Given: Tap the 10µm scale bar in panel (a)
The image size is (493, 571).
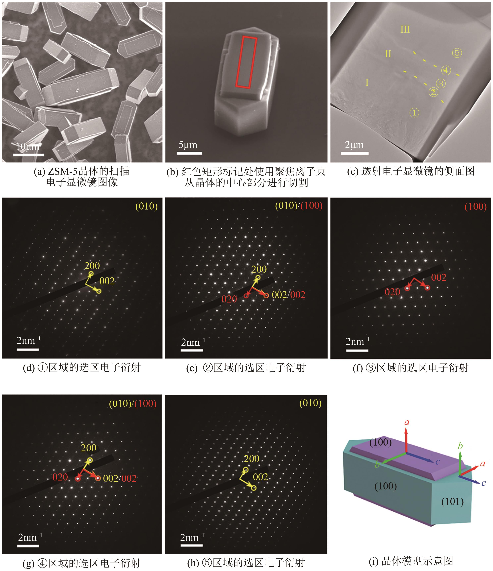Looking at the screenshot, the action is [x=29, y=155].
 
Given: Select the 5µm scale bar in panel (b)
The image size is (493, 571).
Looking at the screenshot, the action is [x=189, y=153].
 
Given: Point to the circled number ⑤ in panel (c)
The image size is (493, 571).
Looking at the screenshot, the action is [x=457, y=53].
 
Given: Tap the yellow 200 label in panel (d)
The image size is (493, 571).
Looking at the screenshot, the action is [x=92, y=266].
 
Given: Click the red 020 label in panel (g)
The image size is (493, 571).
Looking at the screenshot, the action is [x=60, y=477].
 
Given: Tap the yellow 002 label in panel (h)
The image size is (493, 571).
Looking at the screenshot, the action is [x=260, y=477].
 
